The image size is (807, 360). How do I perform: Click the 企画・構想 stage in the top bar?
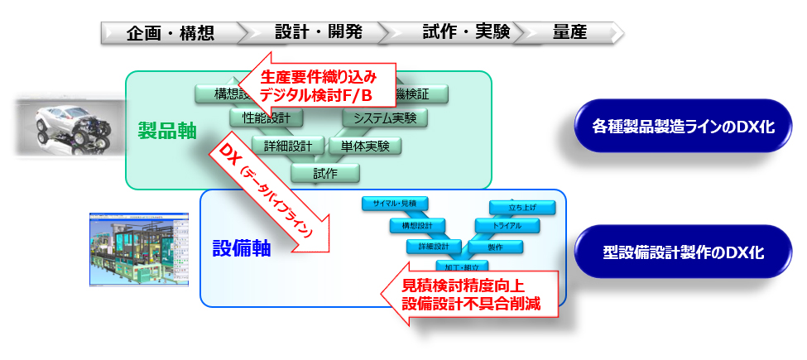[x=171, y=33]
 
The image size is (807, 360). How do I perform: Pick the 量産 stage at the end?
[x=569, y=33]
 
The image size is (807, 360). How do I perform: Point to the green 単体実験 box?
[x=365, y=146]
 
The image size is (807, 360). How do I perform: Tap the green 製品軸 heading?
[x=167, y=130]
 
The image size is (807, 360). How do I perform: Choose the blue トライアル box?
[x=507, y=226]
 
